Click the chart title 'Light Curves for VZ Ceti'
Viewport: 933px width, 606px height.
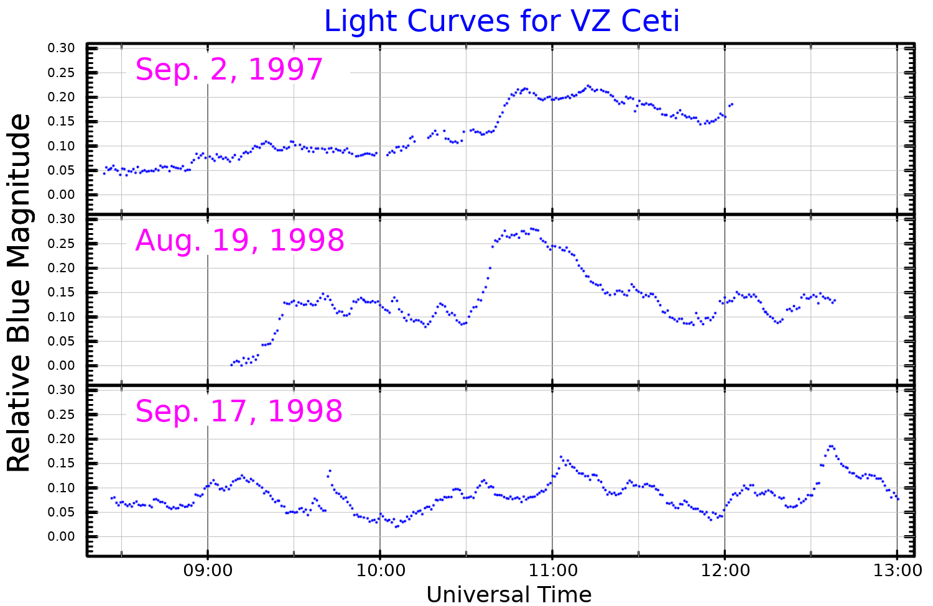(x=501, y=21)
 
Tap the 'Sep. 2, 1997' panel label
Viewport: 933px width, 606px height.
(x=229, y=70)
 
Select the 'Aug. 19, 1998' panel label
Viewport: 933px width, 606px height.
(x=239, y=241)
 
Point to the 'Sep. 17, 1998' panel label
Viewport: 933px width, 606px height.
(x=239, y=411)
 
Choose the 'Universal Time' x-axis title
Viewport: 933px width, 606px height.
(x=509, y=594)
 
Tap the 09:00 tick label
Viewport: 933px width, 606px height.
(x=207, y=570)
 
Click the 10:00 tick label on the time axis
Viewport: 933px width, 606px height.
(x=379, y=570)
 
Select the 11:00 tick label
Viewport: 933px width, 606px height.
(x=552, y=570)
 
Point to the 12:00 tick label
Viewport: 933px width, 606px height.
(x=724, y=570)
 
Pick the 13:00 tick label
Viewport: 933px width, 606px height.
(x=896, y=570)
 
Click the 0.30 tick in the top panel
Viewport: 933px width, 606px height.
(x=62, y=48)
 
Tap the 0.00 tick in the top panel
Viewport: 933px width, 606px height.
(x=62, y=195)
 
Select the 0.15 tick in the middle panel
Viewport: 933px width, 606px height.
(x=62, y=293)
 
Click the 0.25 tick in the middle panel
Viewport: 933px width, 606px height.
(x=62, y=244)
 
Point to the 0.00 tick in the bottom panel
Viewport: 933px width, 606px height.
(x=62, y=537)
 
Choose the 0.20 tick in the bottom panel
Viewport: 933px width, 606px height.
(x=62, y=439)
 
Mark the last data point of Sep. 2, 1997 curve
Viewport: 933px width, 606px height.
(x=732, y=104)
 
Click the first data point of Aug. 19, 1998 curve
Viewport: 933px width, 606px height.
(x=231, y=365)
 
